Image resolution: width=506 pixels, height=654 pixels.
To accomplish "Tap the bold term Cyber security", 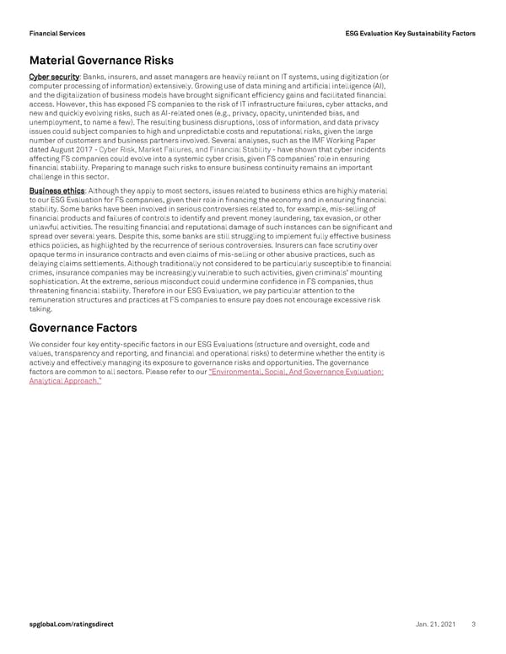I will [x=54, y=78].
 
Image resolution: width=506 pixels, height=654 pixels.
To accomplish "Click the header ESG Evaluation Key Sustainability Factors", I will [x=411, y=33].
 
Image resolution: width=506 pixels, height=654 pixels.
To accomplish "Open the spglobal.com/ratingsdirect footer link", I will [x=71, y=624].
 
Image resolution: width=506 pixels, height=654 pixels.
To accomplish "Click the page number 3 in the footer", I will [x=474, y=624].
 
